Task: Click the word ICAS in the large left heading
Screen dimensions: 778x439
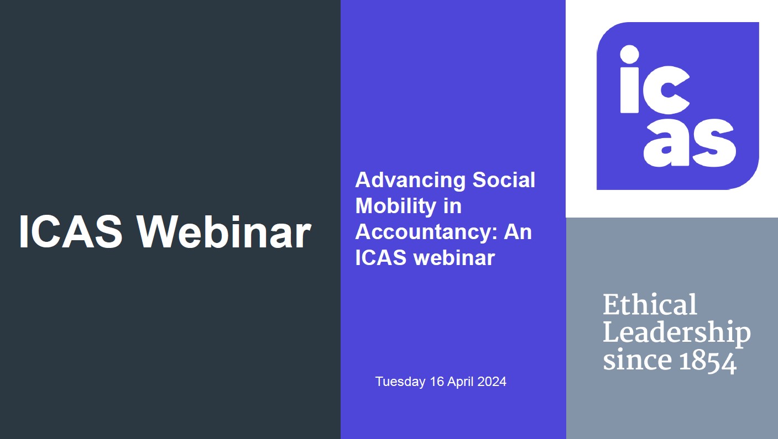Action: click(x=71, y=231)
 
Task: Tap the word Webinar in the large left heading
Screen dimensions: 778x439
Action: click(x=224, y=231)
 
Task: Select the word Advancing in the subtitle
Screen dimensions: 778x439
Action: click(x=410, y=181)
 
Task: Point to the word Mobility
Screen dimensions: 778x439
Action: click(x=395, y=207)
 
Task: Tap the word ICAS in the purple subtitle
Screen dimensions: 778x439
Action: click(x=380, y=258)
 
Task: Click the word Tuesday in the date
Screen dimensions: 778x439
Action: click(x=400, y=382)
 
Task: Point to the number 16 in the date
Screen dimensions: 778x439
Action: click(x=437, y=382)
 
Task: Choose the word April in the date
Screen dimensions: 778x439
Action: click(x=460, y=382)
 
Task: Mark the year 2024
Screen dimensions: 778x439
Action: click(x=492, y=382)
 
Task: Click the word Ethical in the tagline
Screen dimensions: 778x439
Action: click(x=650, y=304)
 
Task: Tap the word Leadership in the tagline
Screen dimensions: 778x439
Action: click(x=677, y=333)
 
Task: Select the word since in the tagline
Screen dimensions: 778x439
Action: click(x=638, y=360)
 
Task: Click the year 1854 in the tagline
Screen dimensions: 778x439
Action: click(x=707, y=362)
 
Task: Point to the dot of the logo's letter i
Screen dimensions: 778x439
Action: click(x=629, y=55)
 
